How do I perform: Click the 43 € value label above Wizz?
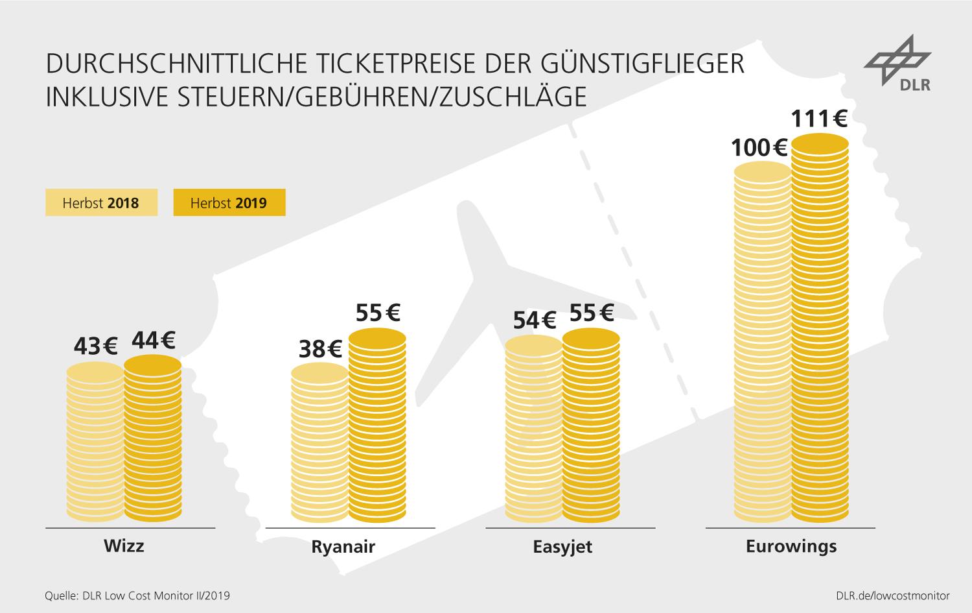click(x=95, y=347)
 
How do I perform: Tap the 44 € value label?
click(x=153, y=340)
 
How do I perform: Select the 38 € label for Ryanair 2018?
click(x=320, y=350)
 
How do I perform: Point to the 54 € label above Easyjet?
click(x=535, y=320)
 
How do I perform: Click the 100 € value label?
click(x=759, y=149)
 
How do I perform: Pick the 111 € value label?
click(x=819, y=119)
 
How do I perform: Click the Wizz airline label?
click(x=124, y=545)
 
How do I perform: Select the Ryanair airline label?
click(x=343, y=546)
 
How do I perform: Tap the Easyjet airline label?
click(x=562, y=546)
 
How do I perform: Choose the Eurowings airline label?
click(x=791, y=546)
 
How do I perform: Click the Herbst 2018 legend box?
click(x=101, y=203)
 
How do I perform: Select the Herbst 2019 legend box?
click(x=229, y=203)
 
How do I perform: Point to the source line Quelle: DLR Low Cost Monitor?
click(x=137, y=595)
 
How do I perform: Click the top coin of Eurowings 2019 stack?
click(x=820, y=143)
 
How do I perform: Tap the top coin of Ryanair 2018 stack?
click(x=319, y=372)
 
